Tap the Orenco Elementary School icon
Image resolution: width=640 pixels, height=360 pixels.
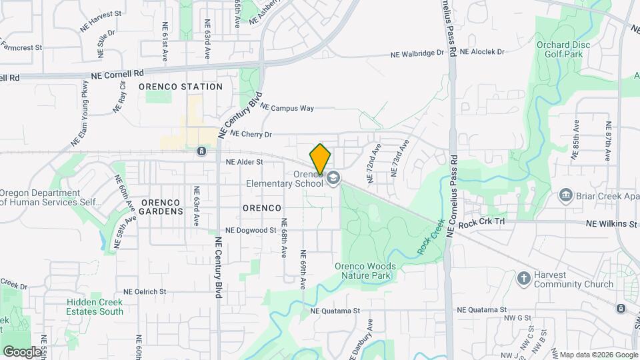[x=333, y=178]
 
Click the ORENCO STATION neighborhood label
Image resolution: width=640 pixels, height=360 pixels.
[x=181, y=87]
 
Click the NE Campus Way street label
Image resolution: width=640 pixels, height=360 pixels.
[x=287, y=107]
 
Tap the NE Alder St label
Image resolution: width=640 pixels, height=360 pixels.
[x=245, y=161]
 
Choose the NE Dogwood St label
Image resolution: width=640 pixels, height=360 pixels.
[x=251, y=230]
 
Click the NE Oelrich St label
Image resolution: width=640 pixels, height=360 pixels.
[x=145, y=292]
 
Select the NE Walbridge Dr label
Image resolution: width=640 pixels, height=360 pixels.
[x=417, y=53]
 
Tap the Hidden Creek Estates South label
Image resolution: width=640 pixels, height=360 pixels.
[x=95, y=307]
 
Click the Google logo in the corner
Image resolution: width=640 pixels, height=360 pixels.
[x=22, y=351]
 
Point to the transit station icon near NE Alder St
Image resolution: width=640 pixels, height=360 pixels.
[x=201, y=151]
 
